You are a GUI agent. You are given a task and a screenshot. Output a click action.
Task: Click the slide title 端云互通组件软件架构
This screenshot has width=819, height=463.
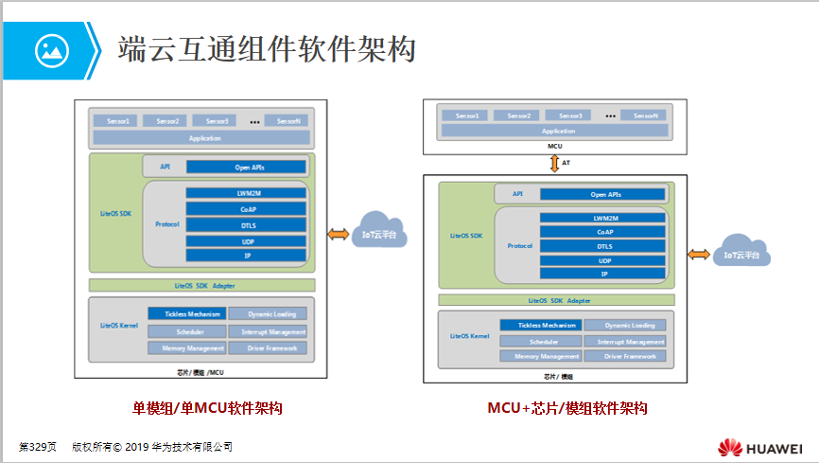point(267,49)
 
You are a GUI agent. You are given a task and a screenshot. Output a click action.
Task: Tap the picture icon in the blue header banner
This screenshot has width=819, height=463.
point(52,49)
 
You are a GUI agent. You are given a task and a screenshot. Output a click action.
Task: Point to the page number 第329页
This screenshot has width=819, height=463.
point(38,446)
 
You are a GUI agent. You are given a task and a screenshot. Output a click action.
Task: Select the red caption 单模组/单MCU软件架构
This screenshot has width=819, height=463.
point(207,409)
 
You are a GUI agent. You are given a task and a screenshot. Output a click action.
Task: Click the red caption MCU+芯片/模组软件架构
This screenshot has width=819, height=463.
point(566,409)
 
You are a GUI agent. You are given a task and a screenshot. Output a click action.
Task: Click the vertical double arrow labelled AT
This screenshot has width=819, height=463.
point(555,163)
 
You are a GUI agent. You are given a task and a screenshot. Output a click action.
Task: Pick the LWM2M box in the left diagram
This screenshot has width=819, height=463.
point(246,193)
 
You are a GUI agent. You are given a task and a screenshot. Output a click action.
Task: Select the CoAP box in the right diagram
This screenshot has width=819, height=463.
point(603,232)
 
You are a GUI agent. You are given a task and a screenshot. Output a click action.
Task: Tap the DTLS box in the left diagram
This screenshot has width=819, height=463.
point(246,224)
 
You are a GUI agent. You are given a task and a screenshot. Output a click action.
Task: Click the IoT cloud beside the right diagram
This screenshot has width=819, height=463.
point(741,253)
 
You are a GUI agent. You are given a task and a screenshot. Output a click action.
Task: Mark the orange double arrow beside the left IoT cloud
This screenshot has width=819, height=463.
point(336,235)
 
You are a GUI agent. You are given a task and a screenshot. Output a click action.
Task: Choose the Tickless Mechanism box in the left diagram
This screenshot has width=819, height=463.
point(185,314)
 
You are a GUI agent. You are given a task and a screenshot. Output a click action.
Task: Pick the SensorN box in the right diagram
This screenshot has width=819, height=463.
point(645,116)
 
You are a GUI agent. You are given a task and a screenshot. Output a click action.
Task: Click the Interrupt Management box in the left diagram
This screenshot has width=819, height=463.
point(268,331)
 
